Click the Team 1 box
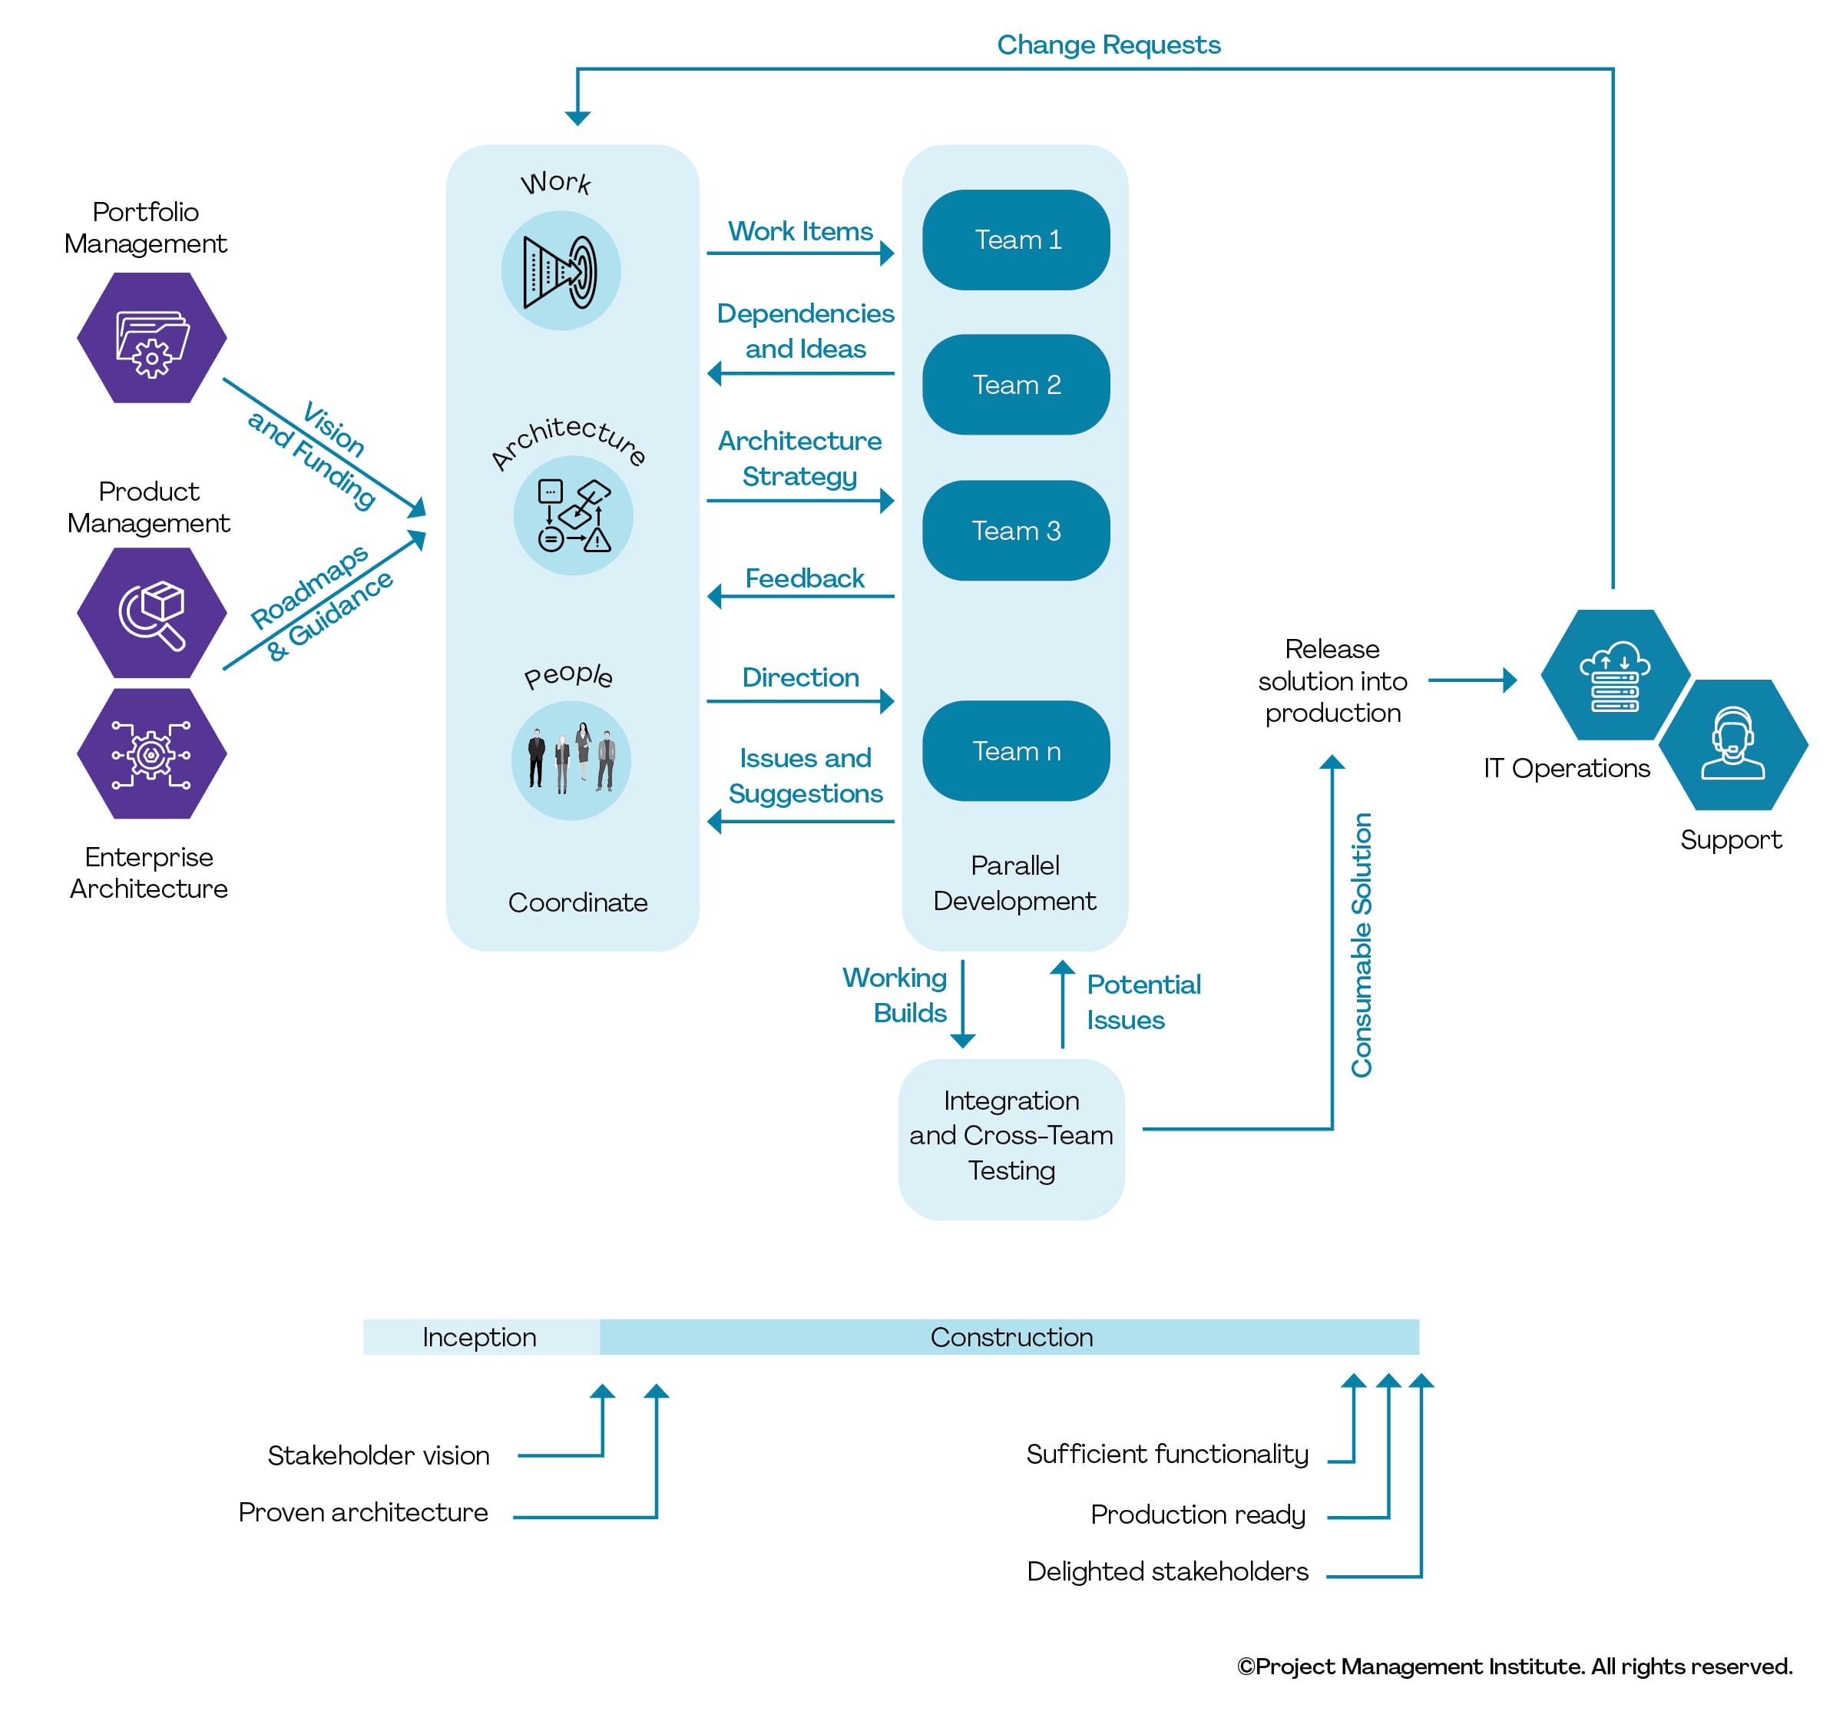(x=1015, y=240)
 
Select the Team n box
(x=1015, y=751)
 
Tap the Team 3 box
(x=1015, y=530)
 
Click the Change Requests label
(x=1108, y=45)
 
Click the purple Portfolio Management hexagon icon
(x=152, y=337)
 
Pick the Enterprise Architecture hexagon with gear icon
(x=152, y=753)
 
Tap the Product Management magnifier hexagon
(x=152, y=613)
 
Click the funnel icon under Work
(x=560, y=270)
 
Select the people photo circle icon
(x=571, y=760)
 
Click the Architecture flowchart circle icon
(x=573, y=515)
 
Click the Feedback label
(x=804, y=578)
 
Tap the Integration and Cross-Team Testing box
(x=1011, y=1138)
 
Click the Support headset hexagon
(x=1732, y=744)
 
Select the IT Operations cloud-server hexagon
(x=1614, y=675)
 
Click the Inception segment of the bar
(x=479, y=1337)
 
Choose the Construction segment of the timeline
(x=1011, y=1337)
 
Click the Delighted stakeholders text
(x=1166, y=1571)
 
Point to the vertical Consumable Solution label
(x=1360, y=945)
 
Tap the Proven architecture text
(x=362, y=1512)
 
